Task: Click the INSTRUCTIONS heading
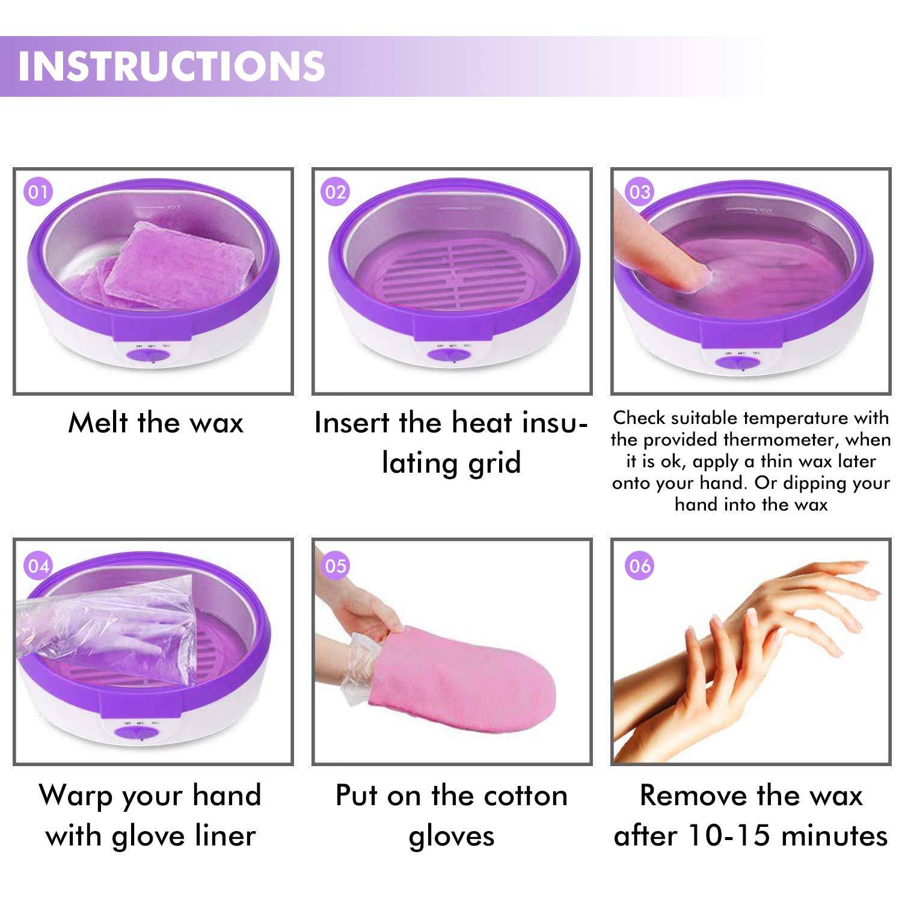pyautogui.click(x=171, y=66)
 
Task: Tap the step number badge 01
pyautogui.click(x=38, y=192)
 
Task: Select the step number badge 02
pyautogui.click(x=336, y=192)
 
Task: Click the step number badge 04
pyautogui.click(x=38, y=566)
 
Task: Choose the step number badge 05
pyautogui.click(x=336, y=566)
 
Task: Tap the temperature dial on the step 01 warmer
pyautogui.click(x=152, y=357)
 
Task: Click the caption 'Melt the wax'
pyautogui.click(x=156, y=422)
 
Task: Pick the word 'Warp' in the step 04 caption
pyautogui.click(x=76, y=796)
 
